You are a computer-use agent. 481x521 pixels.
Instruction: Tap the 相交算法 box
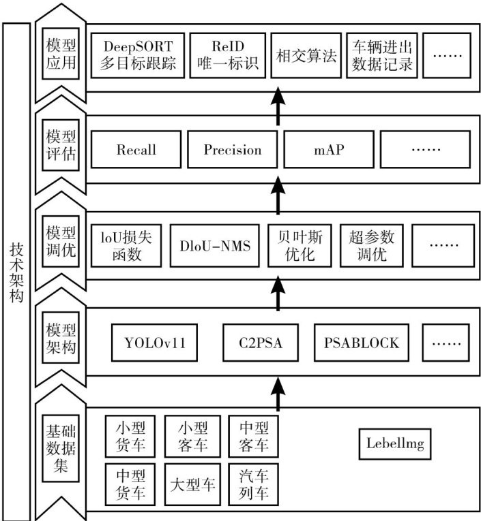305,56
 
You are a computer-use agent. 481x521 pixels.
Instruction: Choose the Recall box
136,149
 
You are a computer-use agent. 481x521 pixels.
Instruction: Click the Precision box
232,149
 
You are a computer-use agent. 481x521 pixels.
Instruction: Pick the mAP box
324,149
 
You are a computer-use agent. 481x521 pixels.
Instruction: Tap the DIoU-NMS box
215,246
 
